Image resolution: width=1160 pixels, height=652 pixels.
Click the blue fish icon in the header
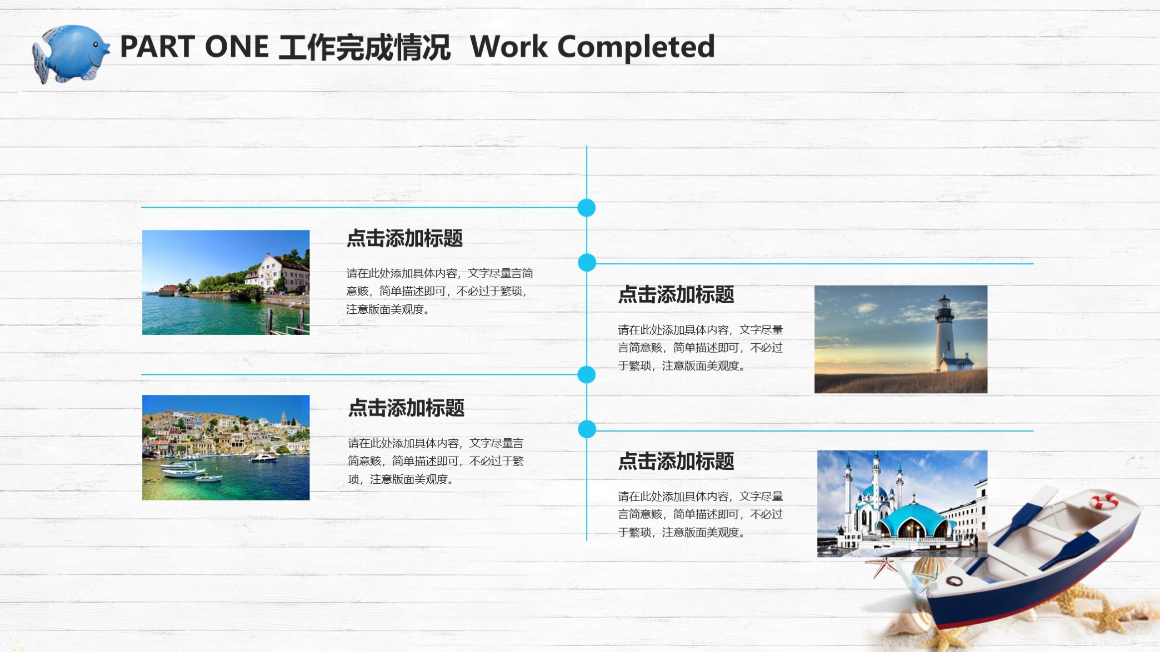click(x=71, y=53)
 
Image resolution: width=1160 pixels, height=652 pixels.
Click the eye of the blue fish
click(x=96, y=44)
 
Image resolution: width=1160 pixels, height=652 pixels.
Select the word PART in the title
click(x=156, y=47)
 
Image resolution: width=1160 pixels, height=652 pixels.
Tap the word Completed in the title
click(x=636, y=47)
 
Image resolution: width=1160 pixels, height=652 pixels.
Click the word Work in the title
click(x=508, y=47)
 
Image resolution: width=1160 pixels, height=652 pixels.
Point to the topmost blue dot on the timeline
click(x=586, y=208)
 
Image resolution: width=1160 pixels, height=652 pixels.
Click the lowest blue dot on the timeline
click(x=587, y=429)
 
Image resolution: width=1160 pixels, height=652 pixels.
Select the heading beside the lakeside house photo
click(x=404, y=238)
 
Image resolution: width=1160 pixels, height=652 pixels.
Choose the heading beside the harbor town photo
click(x=406, y=408)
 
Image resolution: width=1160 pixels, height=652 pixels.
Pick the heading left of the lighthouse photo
click(x=676, y=295)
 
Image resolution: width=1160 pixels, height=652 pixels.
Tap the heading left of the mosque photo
click(x=676, y=462)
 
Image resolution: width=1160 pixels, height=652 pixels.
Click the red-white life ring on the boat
click(x=1103, y=501)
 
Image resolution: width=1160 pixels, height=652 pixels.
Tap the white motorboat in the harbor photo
click(x=264, y=458)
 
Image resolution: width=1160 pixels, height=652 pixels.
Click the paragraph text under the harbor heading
click(x=436, y=461)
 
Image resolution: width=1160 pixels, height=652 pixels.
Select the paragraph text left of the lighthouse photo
click(x=700, y=348)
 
